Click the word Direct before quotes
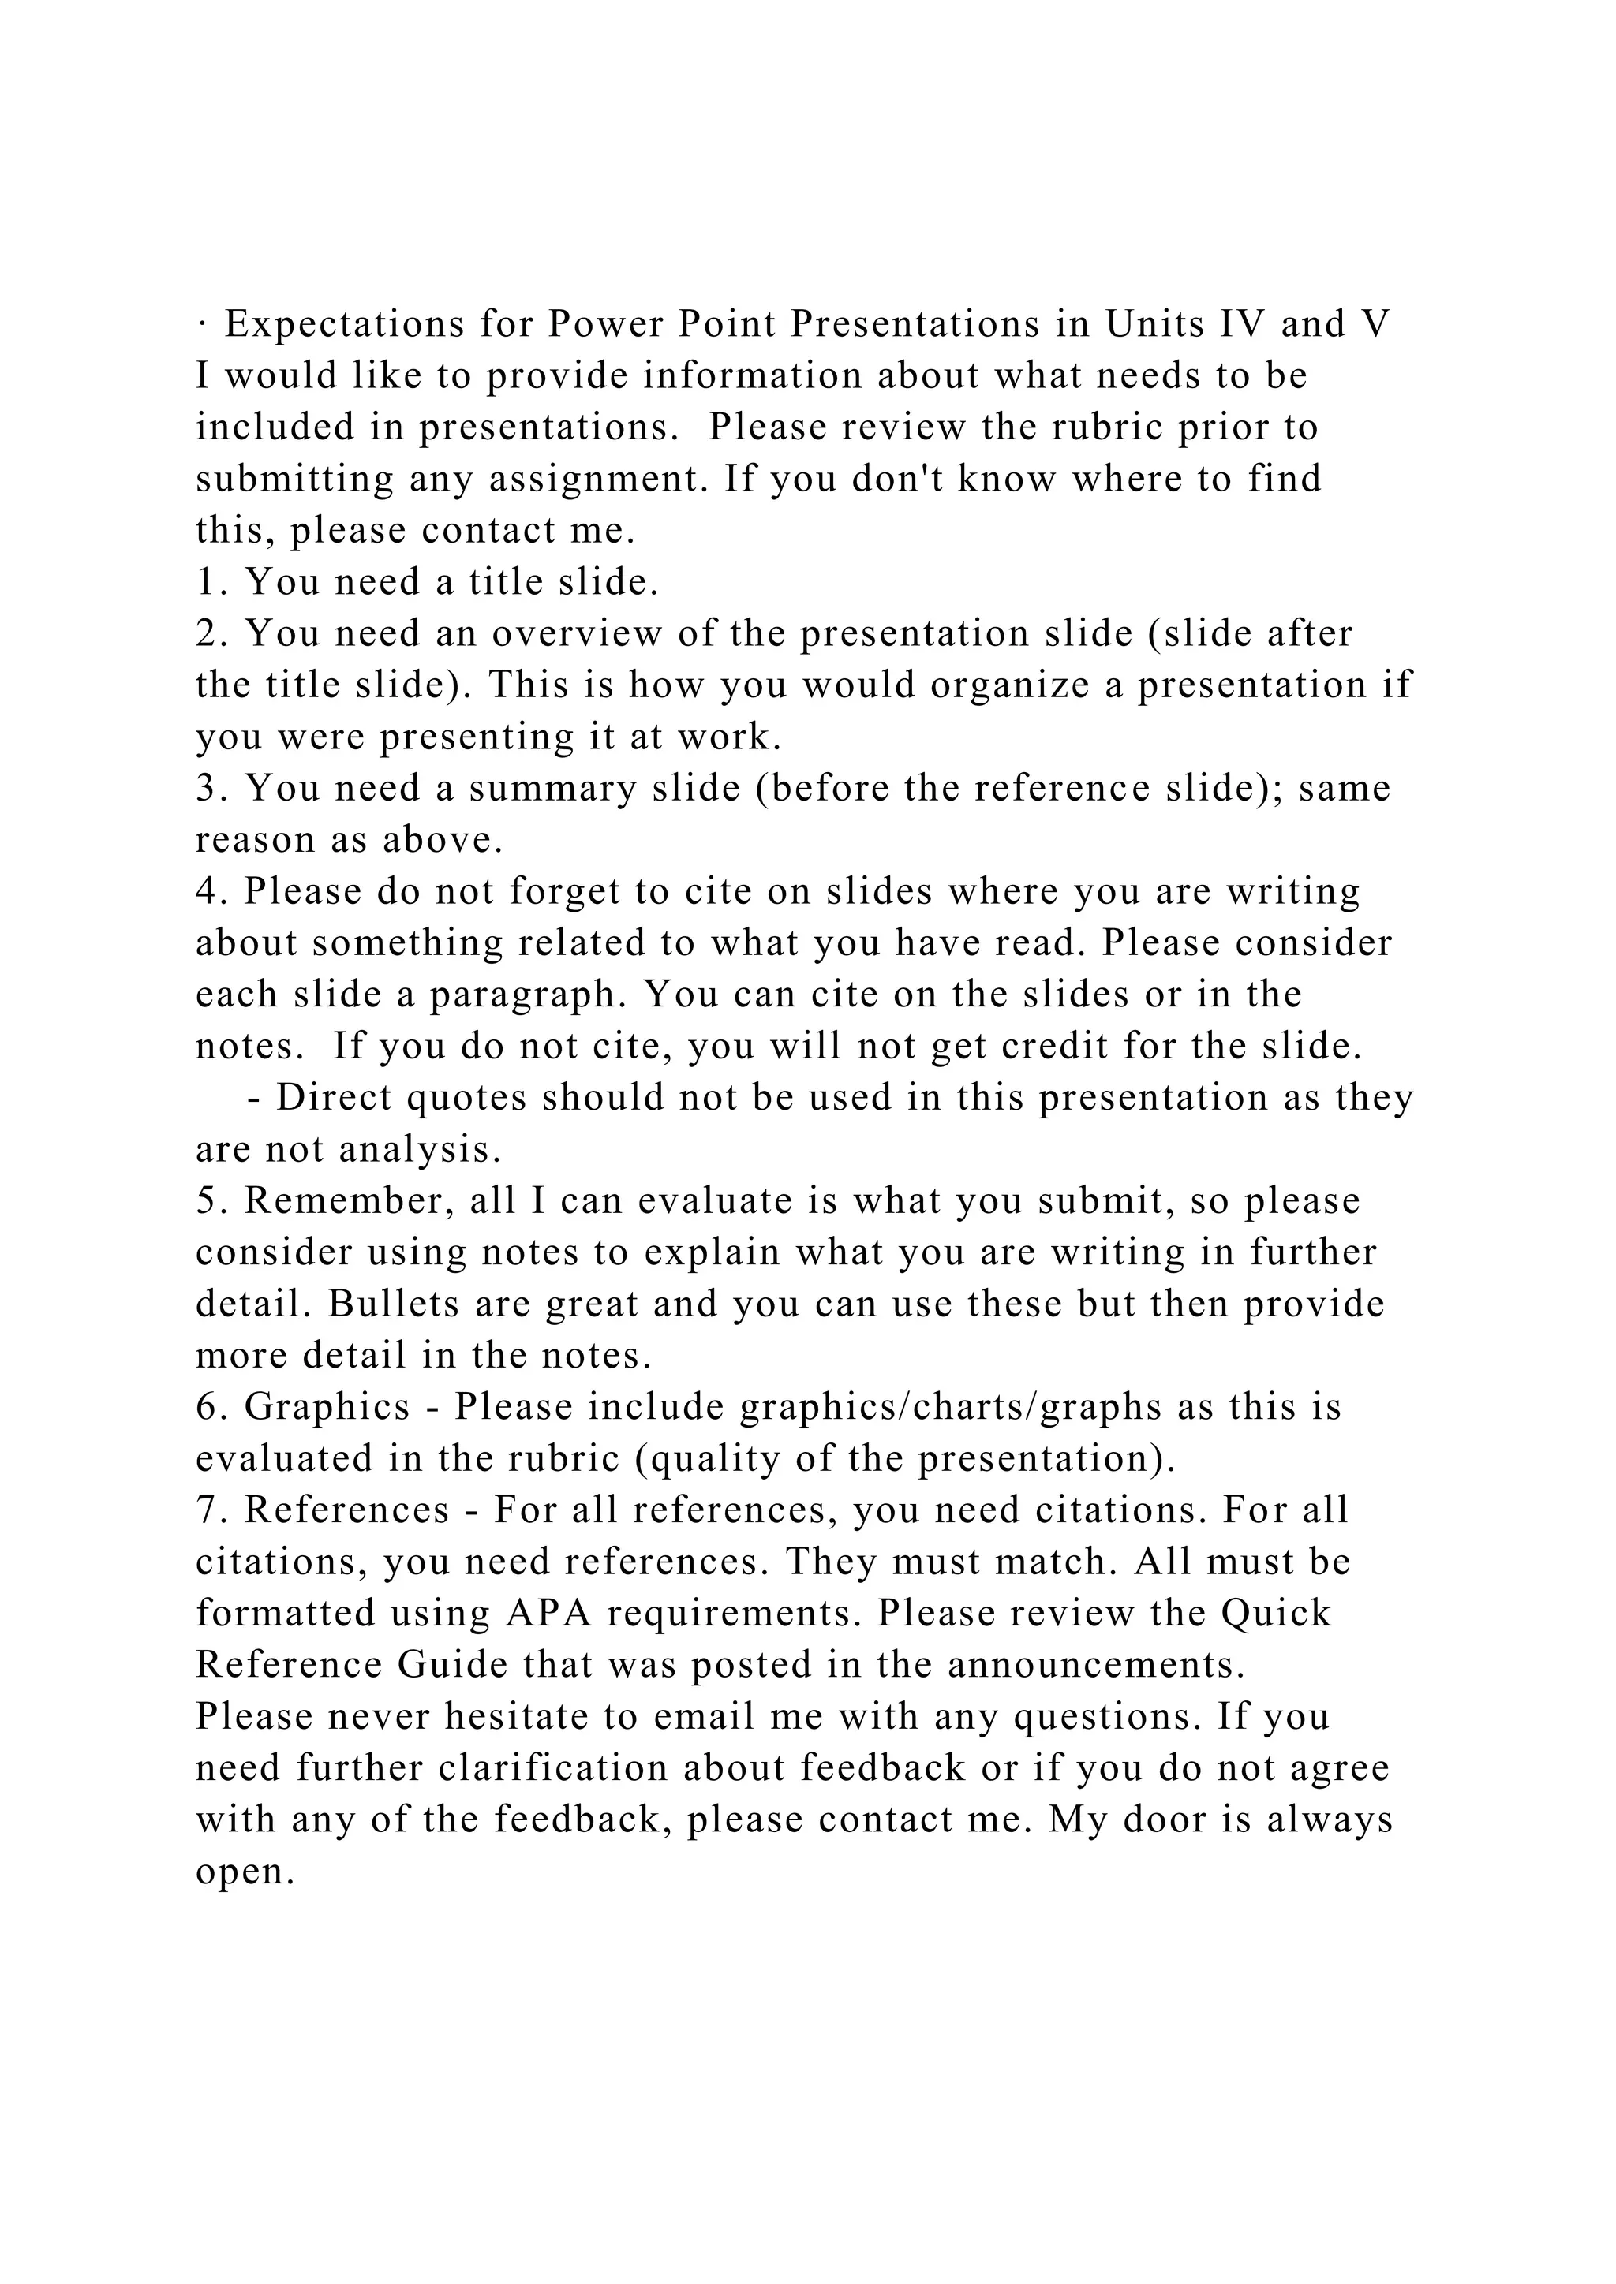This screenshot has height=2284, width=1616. pyautogui.click(x=331, y=1099)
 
